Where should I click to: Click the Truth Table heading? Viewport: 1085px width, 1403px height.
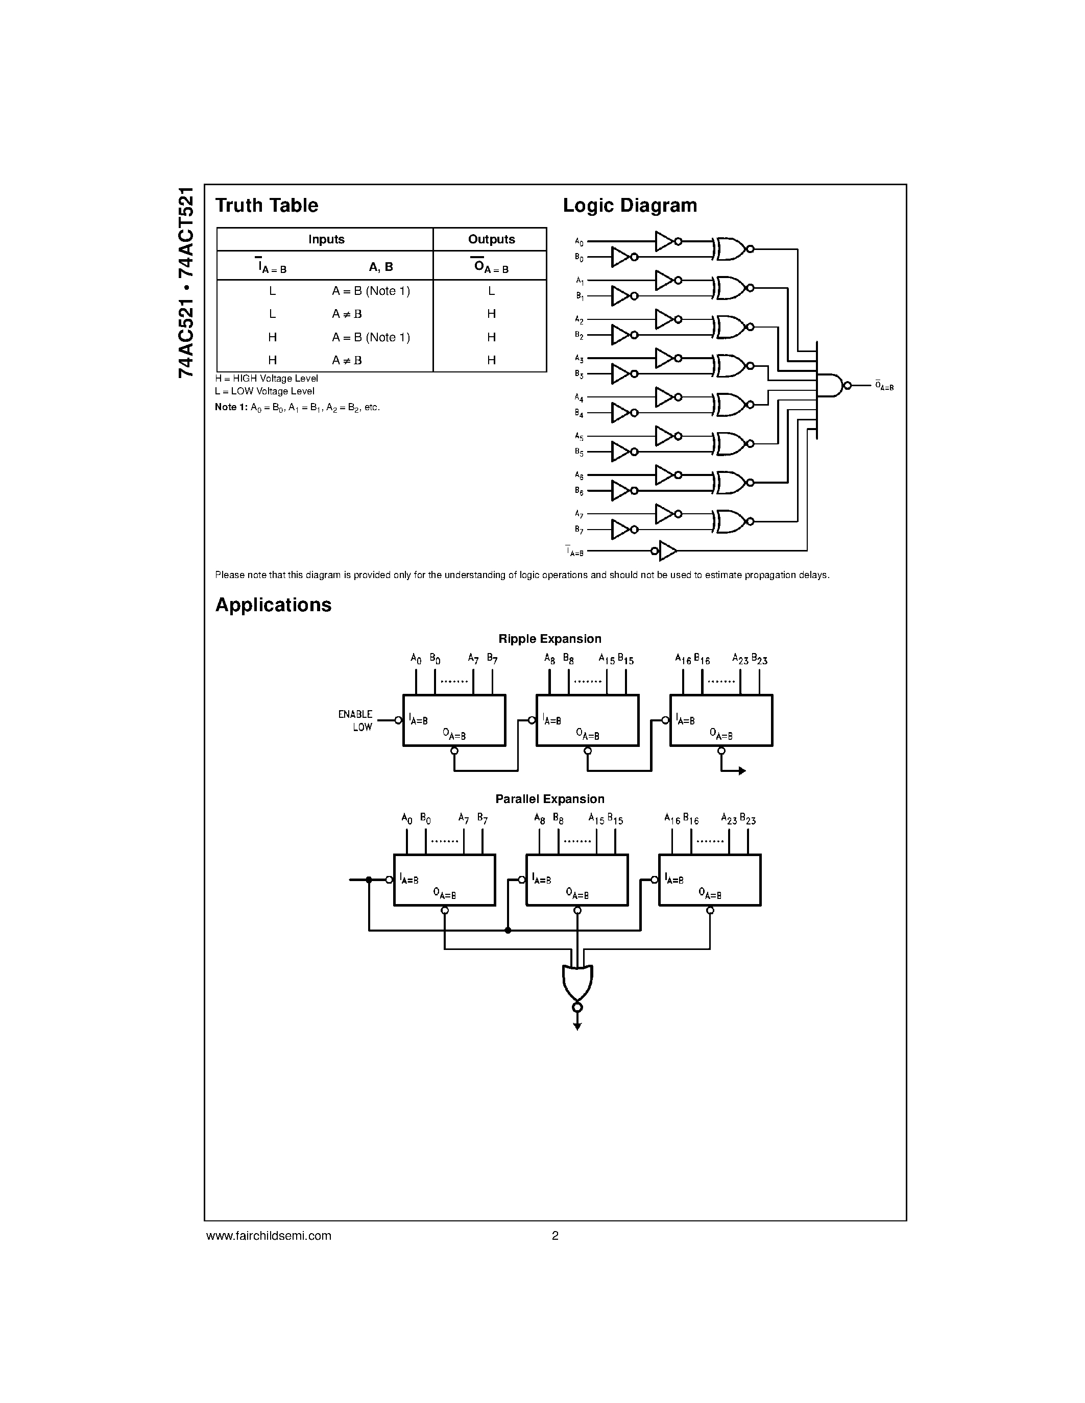pyautogui.click(x=266, y=206)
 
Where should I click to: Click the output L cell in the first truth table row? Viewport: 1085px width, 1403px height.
pyautogui.click(x=491, y=291)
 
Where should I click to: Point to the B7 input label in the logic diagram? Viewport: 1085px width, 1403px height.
pyautogui.click(x=578, y=530)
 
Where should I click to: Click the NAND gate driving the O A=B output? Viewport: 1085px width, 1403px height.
pyautogui.click(x=830, y=385)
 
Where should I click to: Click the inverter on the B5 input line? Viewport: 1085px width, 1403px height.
pyautogui.click(x=620, y=452)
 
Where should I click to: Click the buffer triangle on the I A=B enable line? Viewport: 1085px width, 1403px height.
pyautogui.click(x=668, y=550)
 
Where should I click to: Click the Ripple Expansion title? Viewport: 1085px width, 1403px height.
pyautogui.click(x=549, y=639)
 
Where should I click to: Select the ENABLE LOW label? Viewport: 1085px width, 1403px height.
pyautogui.click(x=355, y=721)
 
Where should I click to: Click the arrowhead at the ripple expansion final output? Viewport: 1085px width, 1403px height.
pyautogui.click(x=742, y=771)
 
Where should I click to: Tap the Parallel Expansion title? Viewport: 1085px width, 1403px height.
pyautogui.click(x=549, y=799)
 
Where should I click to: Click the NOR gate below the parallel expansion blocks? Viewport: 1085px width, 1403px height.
pyautogui.click(x=577, y=982)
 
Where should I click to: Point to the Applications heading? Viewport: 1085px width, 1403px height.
pyautogui.click(x=273, y=605)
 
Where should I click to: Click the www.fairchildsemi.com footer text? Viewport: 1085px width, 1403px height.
pyautogui.click(x=269, y=1235)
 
